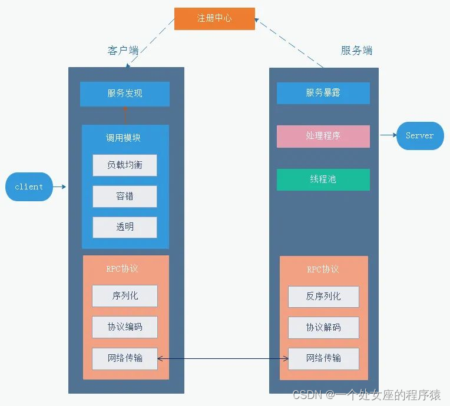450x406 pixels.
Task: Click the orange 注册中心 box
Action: pyautogui.click(x=214, y=18)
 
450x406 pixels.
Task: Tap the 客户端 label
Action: pyautogui.click(x=123, y=51)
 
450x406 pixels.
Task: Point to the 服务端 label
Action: pyautogui.click(x=356, y=51)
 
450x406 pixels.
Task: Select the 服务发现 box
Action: pyautogui.click(x=125, y=94)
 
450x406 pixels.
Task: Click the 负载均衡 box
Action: pyautogui.click(x=125, y=165)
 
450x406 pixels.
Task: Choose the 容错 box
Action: pyautogui.click(x=125, y=197)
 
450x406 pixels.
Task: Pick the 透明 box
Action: pyautogui.click(x=125, y=227)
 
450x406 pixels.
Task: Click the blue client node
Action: pyautogui.click(x=29, y=187)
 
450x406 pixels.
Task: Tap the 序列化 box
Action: pyautogui.click(x=125, y=296)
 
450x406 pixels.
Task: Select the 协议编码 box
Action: pyautogui.click(x=125, y=327)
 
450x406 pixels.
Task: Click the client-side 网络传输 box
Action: pyautogui.click(x=125, y=358)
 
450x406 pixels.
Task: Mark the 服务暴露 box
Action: pyautogui.click(x=323, y=93)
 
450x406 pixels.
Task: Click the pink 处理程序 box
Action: pyautogui.click(x=323, y=136)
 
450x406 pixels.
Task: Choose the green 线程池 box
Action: pyautogui.click(x=323, y=179)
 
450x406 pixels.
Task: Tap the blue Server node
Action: pyautogui.click(x=419, y=136)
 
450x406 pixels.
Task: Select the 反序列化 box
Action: pyautogui.click(x=323, y=297)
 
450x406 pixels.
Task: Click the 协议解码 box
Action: pyautogui.click(x=323, y=328)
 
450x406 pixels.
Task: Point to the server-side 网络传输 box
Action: pyautogui.click(x=323, y=358)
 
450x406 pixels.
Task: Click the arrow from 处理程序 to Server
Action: pyautogui.click(x=388, y=135)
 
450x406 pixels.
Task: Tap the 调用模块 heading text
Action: pyautogui.click(x=123, y=138)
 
